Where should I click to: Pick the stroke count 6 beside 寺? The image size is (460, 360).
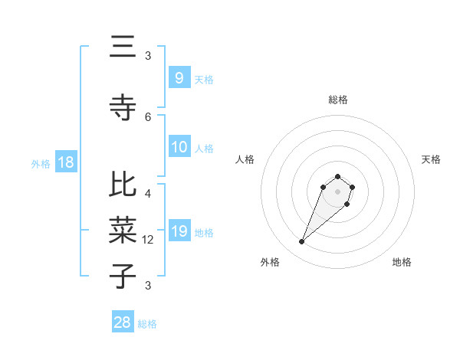click(148, 116)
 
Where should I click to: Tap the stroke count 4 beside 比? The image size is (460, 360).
click(148, 194)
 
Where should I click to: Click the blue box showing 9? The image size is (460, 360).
click(179, 77)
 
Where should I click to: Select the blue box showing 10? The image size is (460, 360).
click(179, 147)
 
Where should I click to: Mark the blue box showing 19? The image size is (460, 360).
click(179, 231)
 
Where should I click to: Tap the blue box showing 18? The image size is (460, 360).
click(65, 163)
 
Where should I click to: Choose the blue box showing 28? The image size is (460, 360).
click(123, 322)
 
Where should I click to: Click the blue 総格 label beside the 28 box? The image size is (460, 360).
click(147, 324)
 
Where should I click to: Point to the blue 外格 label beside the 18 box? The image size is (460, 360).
click(41, 164)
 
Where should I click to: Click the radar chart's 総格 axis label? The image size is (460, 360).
click(338, 100)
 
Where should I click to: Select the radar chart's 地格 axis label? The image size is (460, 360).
click(402, 262)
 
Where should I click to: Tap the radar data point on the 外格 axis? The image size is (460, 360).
click(302, 242)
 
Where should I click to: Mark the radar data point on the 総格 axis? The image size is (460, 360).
click(338, 175)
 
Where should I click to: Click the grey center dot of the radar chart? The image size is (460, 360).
click(338, 191)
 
